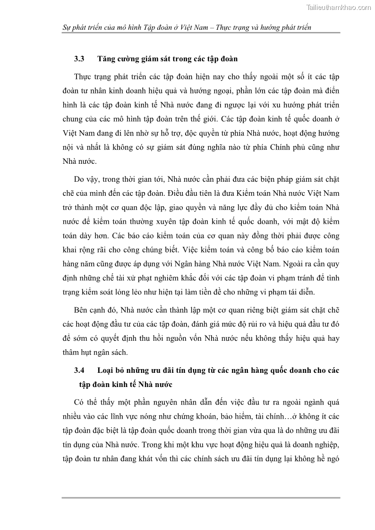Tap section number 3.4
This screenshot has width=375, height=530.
pyautogui.click(x=79, y=370)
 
